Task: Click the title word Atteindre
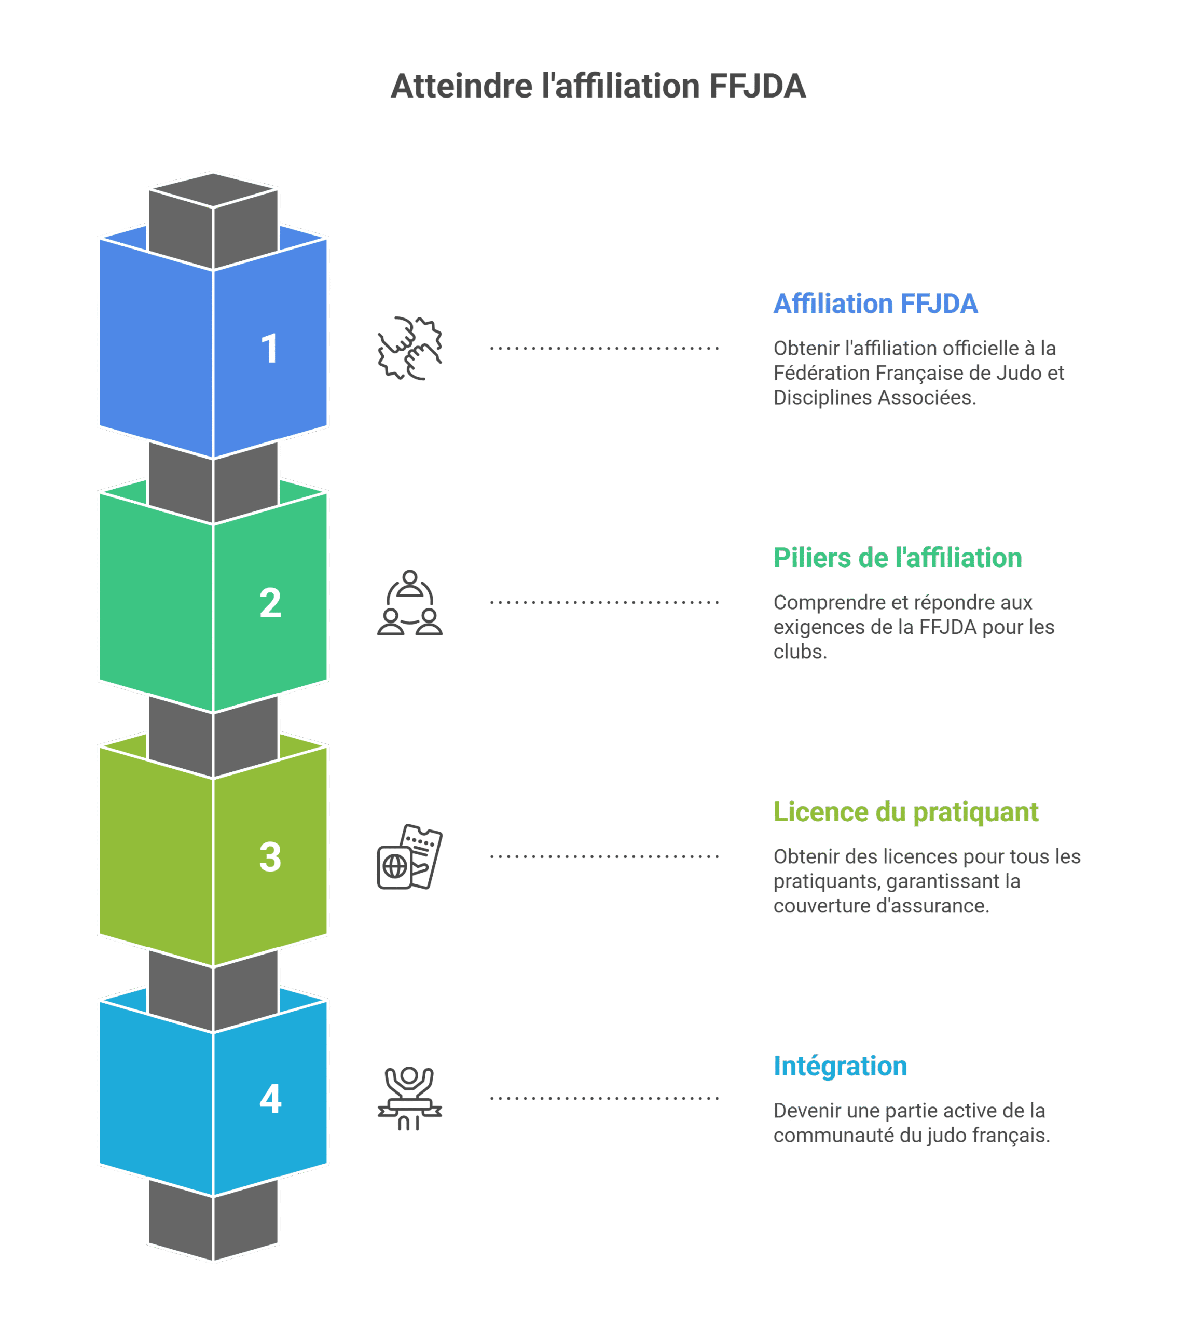462,86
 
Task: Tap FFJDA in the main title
757,86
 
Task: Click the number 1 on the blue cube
270,349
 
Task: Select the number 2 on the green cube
270,603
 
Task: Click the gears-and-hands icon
410,349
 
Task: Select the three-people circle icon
410,602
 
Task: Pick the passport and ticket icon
410,856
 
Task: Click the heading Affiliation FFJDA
875,304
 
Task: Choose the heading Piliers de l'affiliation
898,558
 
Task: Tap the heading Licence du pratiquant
905,812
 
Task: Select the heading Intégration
840,1066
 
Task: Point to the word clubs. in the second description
800,652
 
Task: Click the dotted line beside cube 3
604,856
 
